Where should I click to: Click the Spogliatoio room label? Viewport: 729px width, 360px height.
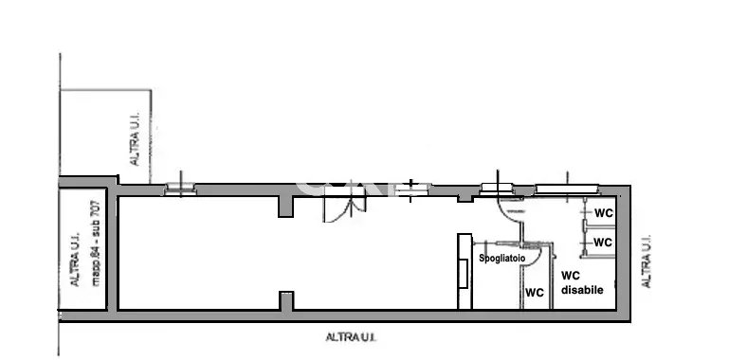point(502,259)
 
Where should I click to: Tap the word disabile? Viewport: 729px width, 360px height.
point(583,290)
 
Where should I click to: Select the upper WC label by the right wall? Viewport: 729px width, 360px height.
point(604,213)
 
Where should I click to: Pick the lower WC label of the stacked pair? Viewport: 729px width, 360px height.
point(603,242)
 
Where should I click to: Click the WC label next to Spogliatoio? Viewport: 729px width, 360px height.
point(535,293)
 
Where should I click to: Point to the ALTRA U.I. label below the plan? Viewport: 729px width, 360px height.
point(351,337)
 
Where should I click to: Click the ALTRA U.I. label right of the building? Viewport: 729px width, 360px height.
point(646,262)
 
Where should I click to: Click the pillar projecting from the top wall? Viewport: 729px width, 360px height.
point(286,207)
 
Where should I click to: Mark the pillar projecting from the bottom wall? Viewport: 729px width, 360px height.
point(286,301)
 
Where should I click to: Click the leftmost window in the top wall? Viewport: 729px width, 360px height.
point(180,189)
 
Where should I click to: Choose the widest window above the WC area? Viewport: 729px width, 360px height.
point(566,189)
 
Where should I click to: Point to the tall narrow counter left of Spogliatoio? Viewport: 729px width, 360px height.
point(465,271)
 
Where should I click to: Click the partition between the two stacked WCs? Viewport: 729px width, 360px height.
point(599,227)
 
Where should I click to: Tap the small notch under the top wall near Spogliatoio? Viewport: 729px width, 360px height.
point(465,199)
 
